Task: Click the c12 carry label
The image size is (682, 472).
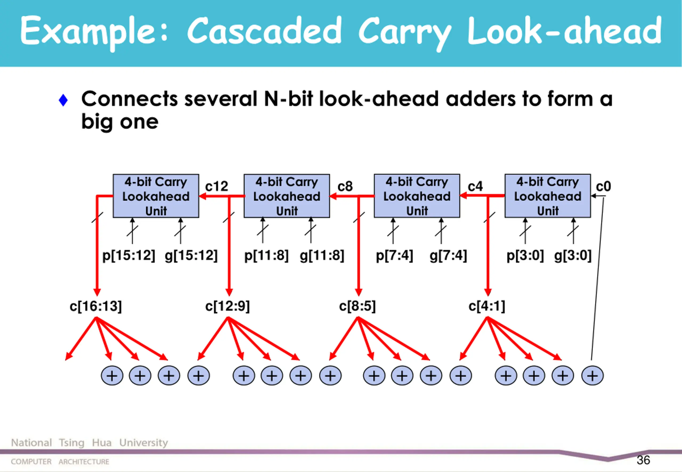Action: [x=217, y=186]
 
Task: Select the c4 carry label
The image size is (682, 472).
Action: [x=475, y=186]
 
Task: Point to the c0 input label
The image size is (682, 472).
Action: [x=603, y=186]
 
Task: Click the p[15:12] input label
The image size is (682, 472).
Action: [x=129, y=255]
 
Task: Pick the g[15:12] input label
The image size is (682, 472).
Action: [x=191, y=255]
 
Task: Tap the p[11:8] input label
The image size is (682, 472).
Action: [x=266, y=255]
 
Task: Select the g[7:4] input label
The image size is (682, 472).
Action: [x=448, y=255]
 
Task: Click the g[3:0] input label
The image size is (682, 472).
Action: [x=573, y=255]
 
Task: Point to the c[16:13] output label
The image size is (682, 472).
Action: [x=96, y=306]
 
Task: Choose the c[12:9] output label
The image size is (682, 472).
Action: [x=228, y=306]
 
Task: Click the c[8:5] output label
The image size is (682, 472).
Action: [x=357, y=306]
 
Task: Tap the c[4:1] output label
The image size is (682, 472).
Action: [x=487, y=306]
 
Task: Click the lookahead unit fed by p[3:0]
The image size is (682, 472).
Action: [x=547, y=196]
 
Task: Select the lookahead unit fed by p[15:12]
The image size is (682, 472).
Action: [x=156, y=196]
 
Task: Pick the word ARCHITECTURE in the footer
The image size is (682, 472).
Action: [x=84, y=462]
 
